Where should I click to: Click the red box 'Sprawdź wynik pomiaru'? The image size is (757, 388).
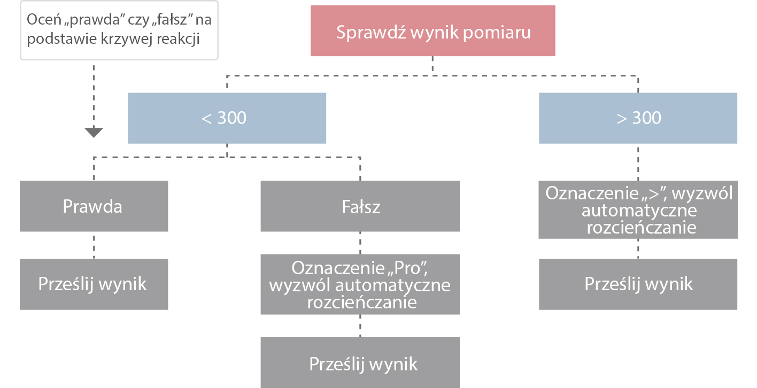click(432, 33)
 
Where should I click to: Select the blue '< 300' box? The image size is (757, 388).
click(227, 118)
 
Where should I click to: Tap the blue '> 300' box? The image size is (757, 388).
click(638, 118)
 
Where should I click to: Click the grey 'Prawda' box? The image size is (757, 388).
click(94, 206)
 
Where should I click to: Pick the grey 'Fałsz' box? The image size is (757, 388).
click(360, 206)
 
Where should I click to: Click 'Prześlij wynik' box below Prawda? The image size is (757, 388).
click(94, 284)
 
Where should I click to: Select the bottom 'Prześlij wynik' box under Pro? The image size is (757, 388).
click(360, 364)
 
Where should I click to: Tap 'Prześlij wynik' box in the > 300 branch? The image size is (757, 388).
click(638, 284)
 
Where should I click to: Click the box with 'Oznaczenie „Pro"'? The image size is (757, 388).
click(360, 285)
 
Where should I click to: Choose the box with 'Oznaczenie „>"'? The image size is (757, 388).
click(638, 210)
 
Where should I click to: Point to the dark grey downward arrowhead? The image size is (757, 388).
click(94, 132)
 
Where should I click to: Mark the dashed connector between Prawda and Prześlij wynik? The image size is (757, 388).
click(94, 245)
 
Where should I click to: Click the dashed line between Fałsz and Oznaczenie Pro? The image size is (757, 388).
click(360, 243)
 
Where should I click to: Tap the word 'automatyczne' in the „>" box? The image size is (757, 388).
click(638, 210)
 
